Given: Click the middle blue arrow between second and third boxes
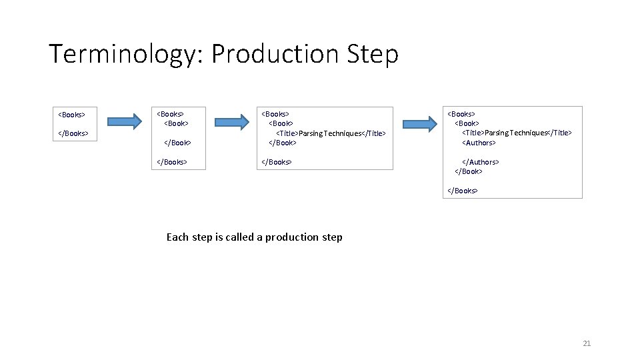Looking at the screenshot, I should tap(231, 121).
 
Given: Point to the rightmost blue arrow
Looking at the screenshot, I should tap(420, 123).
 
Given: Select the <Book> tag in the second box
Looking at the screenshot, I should tap(177, 123).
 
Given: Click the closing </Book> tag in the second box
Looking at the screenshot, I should tap(178, 143).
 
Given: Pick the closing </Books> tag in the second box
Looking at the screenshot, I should tap(171, 162).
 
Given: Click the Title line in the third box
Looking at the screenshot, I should tap(331, 133).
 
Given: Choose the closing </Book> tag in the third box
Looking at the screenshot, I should tap(283, 143).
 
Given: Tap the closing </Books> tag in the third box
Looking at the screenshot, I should tap(276, 162).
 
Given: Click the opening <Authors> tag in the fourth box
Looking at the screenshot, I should tap(479, 143).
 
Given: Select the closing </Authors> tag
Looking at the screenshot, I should tap(481, 162).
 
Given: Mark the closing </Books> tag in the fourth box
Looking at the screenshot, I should tap(462, 191).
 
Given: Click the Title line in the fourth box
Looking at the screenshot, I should tap(517, 133).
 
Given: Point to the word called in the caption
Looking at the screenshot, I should tap(238, 237).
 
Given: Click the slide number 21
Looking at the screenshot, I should tap(587, 343).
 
